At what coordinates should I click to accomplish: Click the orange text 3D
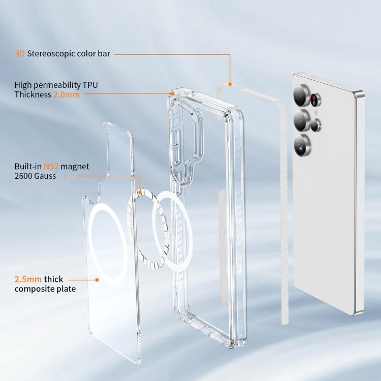(x=20, y=53)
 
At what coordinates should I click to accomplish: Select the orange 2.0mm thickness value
(x=67, y=94)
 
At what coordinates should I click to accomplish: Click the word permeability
(x=57, y=85)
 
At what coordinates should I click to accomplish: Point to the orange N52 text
(x=51, y=167)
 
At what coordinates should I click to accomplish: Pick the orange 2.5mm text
(x=28, y=279)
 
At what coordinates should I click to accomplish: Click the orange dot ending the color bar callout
(x=230, y=84)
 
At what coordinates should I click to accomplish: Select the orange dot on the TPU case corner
(x=173, y=94)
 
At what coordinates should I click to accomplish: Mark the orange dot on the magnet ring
(x=140, y=193)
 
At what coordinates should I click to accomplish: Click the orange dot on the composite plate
(x=97, y=280)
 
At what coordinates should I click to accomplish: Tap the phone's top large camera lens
(x=301, y=96)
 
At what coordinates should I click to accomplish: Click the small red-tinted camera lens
(x=315, y=99)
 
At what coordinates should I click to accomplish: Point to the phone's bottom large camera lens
(x=302, y=145)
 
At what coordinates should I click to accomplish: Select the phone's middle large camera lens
(x=301, y=120)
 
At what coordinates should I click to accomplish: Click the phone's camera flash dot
(x=316, y=112)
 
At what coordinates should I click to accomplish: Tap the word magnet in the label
(x=75, y=167)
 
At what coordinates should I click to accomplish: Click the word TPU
(x=90, y=85)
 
